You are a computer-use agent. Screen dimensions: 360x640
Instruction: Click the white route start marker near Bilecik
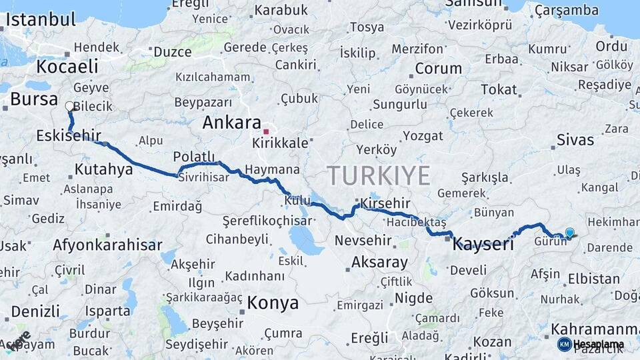(69, 105)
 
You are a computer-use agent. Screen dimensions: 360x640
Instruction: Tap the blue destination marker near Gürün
(569, 232)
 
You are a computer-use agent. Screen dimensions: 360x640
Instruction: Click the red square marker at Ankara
(266, 131)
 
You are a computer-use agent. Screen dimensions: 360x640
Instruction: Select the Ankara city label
(231, 123)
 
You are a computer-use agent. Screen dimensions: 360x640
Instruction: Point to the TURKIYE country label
(379, 176)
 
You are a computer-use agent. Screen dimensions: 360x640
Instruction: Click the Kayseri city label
(483, 245)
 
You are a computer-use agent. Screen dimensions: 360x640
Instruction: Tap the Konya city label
(273, 303)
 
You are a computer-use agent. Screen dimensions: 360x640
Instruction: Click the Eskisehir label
(68, 137)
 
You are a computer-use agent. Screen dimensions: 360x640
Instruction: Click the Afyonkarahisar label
(107, 245)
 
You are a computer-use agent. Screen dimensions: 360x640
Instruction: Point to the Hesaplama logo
(591, 344)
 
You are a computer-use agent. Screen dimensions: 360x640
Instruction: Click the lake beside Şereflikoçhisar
(305, 238)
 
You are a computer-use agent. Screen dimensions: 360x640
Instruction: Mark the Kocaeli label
(67, 67)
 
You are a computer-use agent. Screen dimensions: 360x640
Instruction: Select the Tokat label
(499, 89)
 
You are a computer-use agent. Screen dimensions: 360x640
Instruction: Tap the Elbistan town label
(593, 279)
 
